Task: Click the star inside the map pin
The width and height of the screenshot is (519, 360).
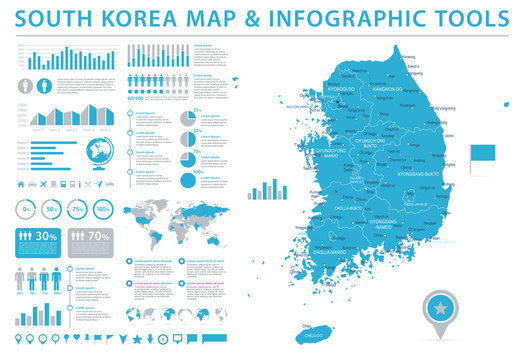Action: coord(466,304)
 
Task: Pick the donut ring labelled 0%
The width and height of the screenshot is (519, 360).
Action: coord(27,209)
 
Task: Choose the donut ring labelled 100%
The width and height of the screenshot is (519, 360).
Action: coord(103,209)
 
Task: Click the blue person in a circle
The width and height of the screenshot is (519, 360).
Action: coord(24,85)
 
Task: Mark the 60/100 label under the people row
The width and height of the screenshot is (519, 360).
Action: coord(136,98)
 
